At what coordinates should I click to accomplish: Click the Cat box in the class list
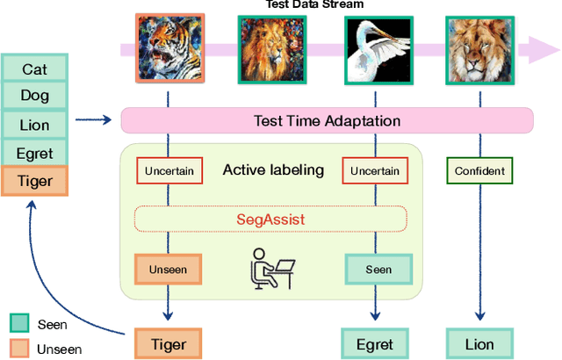(35, 68)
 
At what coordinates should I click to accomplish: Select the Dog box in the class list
(35, 97)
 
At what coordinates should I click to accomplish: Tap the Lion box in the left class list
(35, 126)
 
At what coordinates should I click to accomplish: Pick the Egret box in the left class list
(35, 154)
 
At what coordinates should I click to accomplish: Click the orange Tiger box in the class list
(35, 182)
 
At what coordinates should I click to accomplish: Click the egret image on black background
(375, 47)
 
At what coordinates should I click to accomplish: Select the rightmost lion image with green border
(479, 47)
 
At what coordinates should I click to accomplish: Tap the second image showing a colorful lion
(271, 47)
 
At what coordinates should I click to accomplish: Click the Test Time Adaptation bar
(327, 121)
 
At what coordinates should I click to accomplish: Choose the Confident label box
(479, 171)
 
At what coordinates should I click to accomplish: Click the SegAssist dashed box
(271, 219)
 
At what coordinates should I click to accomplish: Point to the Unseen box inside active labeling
(167, 269)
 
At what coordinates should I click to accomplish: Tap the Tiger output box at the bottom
(167, 343)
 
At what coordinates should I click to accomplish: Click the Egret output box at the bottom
(375, 343)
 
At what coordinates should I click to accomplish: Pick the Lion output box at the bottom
(479, 343)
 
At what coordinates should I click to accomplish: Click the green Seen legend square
(19, 324)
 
